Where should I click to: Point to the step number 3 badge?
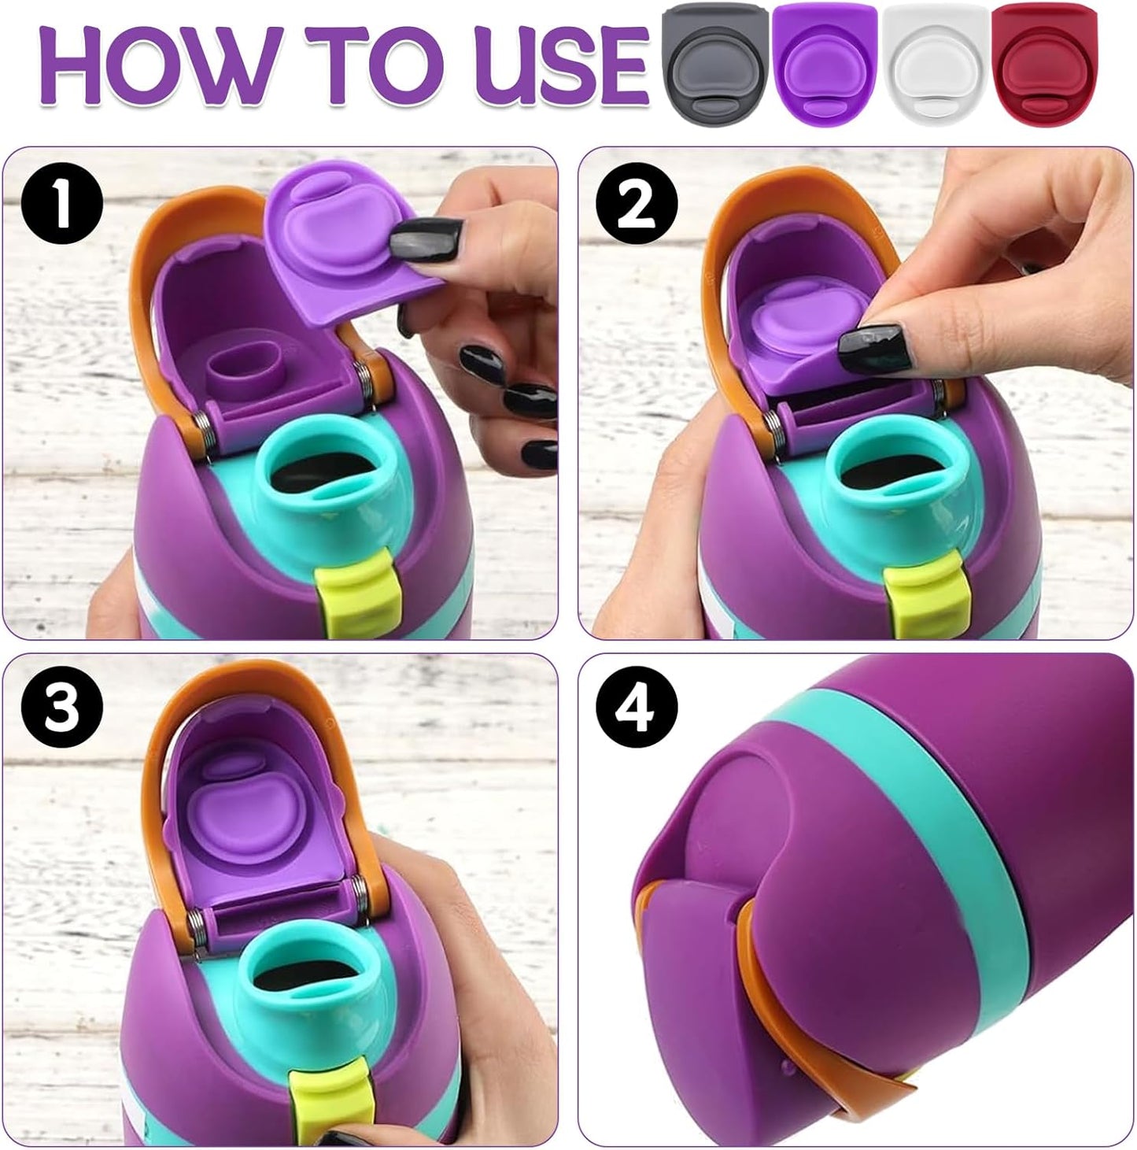click(x=62, y=709)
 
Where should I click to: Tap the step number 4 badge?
click(x=637, y=709)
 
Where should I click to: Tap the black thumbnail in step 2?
click(x=877, y=348)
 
